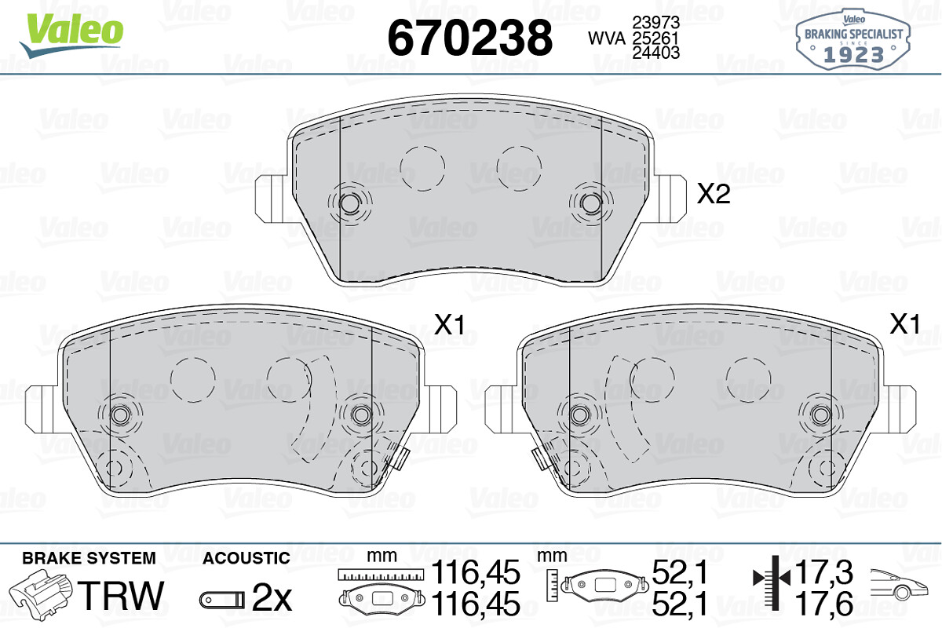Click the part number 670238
(469, 38)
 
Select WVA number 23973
(656, 22)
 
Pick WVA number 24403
(656, 53)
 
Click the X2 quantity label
(714, 195)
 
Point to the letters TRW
(121, 595)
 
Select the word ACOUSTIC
(246, 558)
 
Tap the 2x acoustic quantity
(272, 598)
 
